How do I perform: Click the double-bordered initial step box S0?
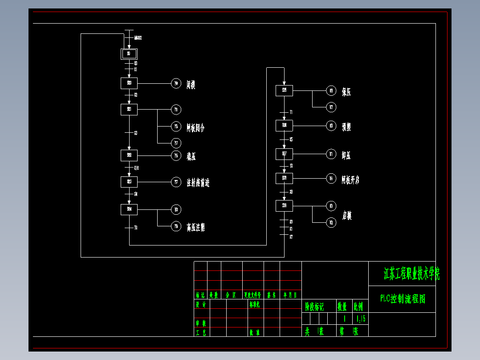(x=129, y=54)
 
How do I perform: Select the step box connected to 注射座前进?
(x=129, y=182)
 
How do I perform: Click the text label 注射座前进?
(x=198, y=182)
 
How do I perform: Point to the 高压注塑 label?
(x=196, y=228)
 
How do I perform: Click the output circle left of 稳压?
(x=176, y=155)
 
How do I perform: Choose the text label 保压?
(x=346, y=92)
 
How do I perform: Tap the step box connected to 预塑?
(x=284, y=126)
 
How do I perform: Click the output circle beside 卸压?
(x=331, y=154)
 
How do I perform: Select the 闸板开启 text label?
(x=350, y=180)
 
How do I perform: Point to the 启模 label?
(x=347, y=216)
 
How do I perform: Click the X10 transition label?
(x=136, y=168)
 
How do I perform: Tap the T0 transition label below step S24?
(x=136, y=228)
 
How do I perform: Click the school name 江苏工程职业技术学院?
(x=411, y=274)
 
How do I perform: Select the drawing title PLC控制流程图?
(x=403, y=299)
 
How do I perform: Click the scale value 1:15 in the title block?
(x=361, y=319)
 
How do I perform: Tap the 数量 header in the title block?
(x=342, y=307)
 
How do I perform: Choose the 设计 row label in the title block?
(x=201, y=305)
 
